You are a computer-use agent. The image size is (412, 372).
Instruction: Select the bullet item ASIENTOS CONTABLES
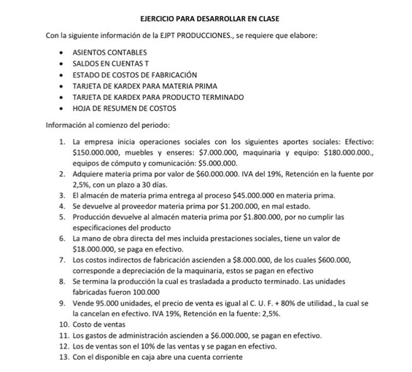pos(109,52)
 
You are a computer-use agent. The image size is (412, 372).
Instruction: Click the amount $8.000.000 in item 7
pos(230,259)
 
